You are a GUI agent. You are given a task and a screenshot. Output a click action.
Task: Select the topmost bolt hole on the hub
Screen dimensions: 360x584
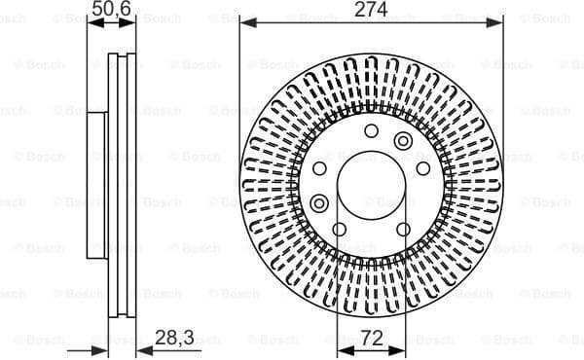371,130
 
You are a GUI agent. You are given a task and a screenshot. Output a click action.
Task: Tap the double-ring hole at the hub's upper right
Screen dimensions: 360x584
403,142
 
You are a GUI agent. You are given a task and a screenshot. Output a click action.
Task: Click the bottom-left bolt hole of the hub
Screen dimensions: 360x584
339,230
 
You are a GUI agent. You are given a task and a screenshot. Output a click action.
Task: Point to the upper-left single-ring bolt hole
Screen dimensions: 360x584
323,166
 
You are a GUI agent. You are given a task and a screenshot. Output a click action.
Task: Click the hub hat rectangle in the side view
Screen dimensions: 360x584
96,185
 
